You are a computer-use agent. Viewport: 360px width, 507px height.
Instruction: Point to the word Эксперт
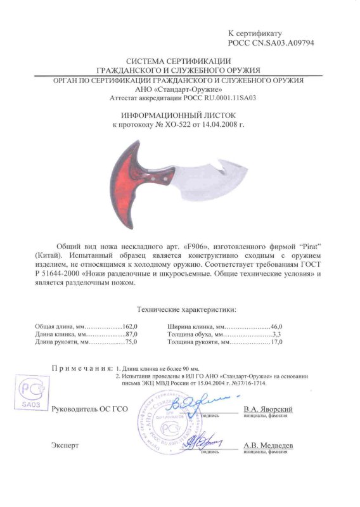[x=65, y=446]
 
